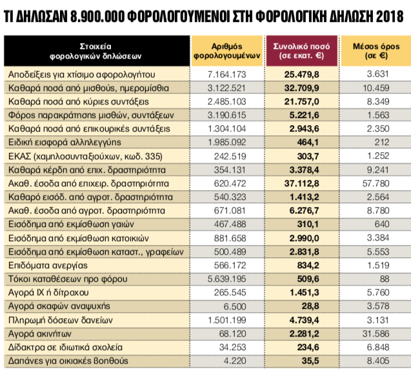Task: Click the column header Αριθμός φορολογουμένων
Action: point(226,52)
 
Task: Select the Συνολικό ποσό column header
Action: point(303,52)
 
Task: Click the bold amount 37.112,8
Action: point(303,183)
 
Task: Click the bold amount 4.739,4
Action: point(303,320)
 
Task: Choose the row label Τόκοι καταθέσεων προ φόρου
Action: point(62,279)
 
